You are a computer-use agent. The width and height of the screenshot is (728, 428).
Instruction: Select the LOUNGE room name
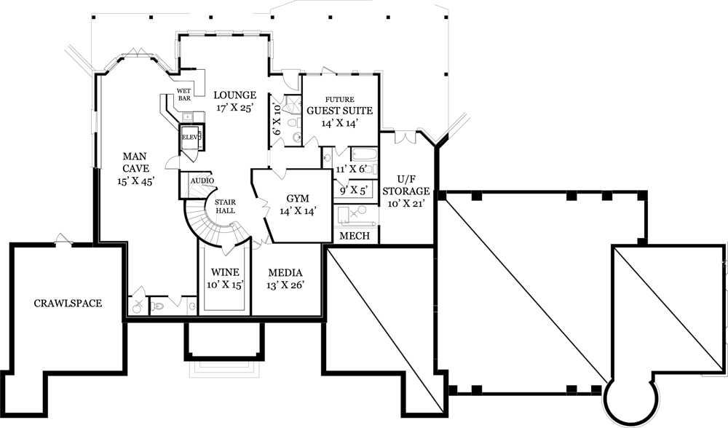point(234,95)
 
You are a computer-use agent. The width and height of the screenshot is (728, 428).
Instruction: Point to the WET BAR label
point(183,95)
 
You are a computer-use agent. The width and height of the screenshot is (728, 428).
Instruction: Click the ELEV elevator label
point(191,137)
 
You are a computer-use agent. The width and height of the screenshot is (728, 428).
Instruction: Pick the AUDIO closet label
point(202,181)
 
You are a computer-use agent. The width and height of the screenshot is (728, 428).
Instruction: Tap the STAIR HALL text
point(223,206)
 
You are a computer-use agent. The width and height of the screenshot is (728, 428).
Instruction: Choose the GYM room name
point(298,198)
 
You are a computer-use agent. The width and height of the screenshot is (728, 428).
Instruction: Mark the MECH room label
point(355,237)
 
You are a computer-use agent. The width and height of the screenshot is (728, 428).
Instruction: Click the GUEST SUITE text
point(339,111)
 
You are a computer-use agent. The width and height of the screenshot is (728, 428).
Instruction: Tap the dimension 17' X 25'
point(234,108)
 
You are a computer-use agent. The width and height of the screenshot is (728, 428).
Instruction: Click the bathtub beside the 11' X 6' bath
point(364,154)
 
